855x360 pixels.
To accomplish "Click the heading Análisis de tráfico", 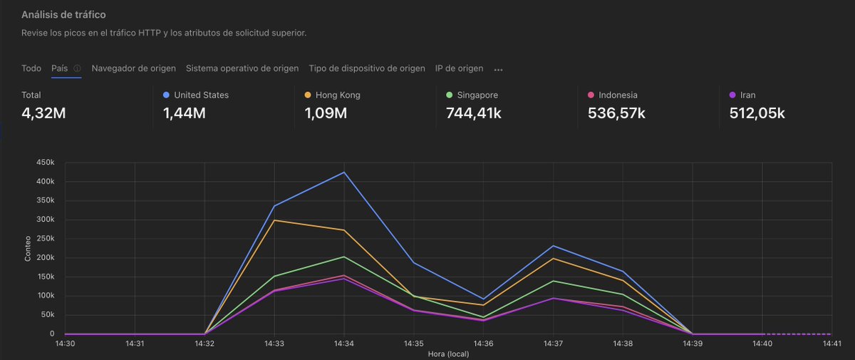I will click(x=64, y=14).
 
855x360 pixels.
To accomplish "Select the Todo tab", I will click(x=31, y=68).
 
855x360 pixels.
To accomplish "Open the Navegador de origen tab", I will click(x=133, y=68).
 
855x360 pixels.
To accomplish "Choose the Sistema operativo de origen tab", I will click(x=242, y=68).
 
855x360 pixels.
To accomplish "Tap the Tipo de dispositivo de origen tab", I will click(x=367, y=68).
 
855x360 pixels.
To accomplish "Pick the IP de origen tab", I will click(x=459, y=68).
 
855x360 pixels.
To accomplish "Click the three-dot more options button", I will click(x=499, y=70).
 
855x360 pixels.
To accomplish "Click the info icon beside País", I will click(x=77, y=69).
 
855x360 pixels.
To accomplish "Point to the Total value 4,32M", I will click(x=44, y=113).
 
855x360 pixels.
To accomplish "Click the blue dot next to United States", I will click(x=166, y=95).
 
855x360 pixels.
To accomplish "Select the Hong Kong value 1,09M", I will click(x=326, y=113).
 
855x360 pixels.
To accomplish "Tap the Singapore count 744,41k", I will click(x=473, y=113).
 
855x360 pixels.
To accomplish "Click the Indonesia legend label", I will click(x=618, y=95).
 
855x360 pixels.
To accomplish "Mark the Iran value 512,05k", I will click(x=757, y=113).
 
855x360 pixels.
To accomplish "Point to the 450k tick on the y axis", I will click(x=45, y=163).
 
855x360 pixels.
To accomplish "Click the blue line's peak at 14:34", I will click(x=344, y=173).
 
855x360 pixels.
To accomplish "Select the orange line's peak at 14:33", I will click(x=274, y=220).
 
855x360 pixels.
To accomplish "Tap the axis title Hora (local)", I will click(x=448, y=354).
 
